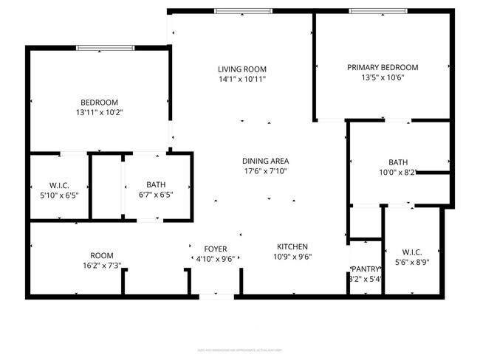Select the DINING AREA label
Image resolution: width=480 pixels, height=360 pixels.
[x=265, y=161]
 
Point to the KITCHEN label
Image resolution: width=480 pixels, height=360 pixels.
[x=292, y=246]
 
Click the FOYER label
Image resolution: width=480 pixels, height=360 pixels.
[x=216, y=249]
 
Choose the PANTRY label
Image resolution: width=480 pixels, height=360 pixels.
[x=366, y=269]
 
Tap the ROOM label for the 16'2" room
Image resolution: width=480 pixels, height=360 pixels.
[x=102, y=255]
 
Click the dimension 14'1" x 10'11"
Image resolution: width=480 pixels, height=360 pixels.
[x=241, y=78]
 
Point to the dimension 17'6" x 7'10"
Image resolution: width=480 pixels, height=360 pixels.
[x=265, y=170]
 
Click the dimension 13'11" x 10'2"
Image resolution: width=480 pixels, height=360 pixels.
[x=99, y=113]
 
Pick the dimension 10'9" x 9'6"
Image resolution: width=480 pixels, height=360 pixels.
[x=292, y=257]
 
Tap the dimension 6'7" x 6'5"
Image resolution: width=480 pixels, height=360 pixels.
[x=156, y=195]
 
